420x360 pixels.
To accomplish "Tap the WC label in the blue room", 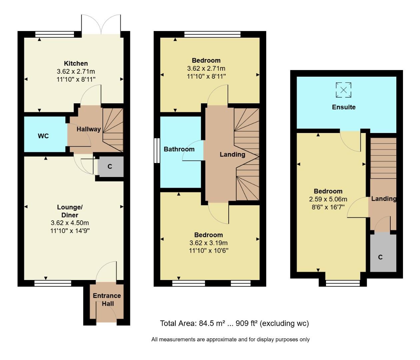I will pyautogui.click(x=43, y=136).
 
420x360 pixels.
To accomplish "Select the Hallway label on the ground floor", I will pyautogui.click(x=89, y=129).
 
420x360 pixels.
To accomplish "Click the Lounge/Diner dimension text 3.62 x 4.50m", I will pyautogui.click(x=70, y=223).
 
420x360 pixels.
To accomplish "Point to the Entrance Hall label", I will pyautogui.click(x=107, y=299).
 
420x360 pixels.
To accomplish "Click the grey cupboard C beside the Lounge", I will pyautogui.click(x=110, y=167).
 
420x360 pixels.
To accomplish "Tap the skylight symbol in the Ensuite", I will pyautogui.click(x=343, y=90).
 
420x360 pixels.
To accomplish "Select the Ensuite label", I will pyautogui.click(x=344, y=107).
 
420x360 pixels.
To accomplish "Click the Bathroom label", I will pyautogui.click(x=179, y=149).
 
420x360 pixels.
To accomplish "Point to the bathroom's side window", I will pyautogui.click(x=156, y=151).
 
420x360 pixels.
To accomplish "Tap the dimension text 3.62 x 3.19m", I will pyautogui.click(x=208, y=243).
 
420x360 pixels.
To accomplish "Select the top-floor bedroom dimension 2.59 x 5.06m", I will pyautogui.click(x=328, y=199).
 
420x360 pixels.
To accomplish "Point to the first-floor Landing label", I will pyautogui.click(x=232, y=154).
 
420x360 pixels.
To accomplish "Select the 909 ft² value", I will pyautogui.click(x=247, y=323).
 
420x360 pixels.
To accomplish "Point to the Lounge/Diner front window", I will pyautogui.click(x=53, y=283).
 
